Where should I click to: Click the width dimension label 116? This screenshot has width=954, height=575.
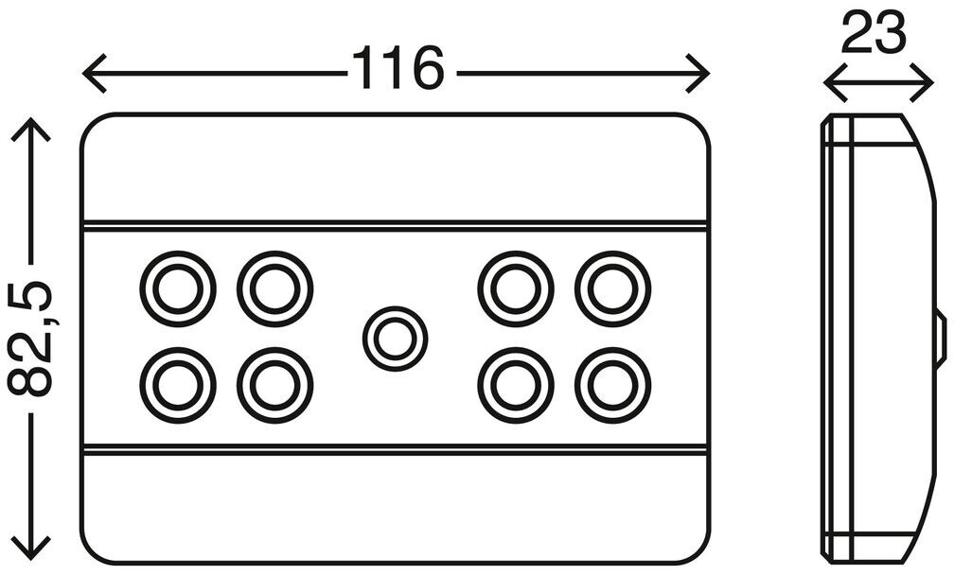[x=397, y=70]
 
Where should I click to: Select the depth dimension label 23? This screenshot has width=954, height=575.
[x=873, y=36]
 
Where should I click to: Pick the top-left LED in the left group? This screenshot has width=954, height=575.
[x=178, y=287]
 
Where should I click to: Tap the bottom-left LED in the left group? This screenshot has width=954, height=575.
[x=178, y=385]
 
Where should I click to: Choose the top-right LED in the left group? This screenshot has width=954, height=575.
[x=275, y=287]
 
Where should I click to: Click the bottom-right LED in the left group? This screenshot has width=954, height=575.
[x=275, y=385]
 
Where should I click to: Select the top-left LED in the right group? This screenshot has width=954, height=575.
[x=516, y=287]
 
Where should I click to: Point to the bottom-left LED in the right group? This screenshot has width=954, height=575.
[x=516, y=385]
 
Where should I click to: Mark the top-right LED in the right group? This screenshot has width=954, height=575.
[x=613, y=287]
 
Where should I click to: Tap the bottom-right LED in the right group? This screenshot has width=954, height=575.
[x=613, y=385]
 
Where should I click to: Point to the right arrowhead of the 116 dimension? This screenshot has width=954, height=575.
[x=704, y=73]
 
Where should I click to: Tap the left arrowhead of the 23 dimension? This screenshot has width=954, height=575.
[x=829, y=83]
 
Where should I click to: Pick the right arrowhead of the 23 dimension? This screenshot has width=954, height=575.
[x=929, y=83]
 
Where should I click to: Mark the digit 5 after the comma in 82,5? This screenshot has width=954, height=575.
[x=31, y=301]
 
